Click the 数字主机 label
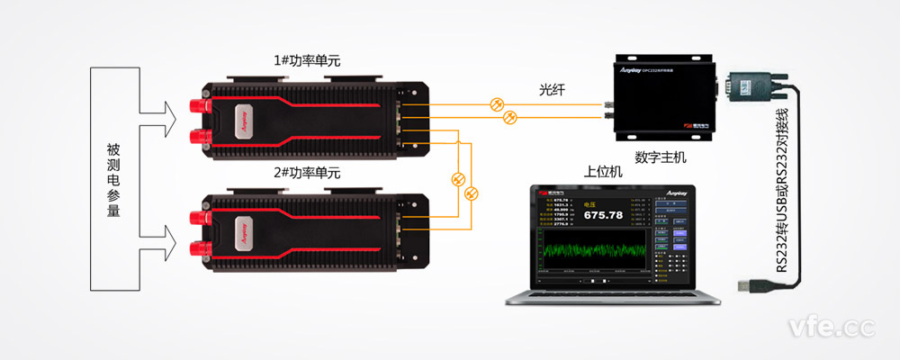pyautogui.click(x=659, y=157)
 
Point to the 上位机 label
pyautogui.click(x=604, y=172)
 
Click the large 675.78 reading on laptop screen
pyautogui.click(x=603, y=215)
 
